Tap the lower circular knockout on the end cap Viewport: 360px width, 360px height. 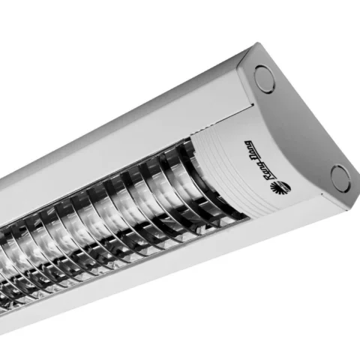[339, 178]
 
